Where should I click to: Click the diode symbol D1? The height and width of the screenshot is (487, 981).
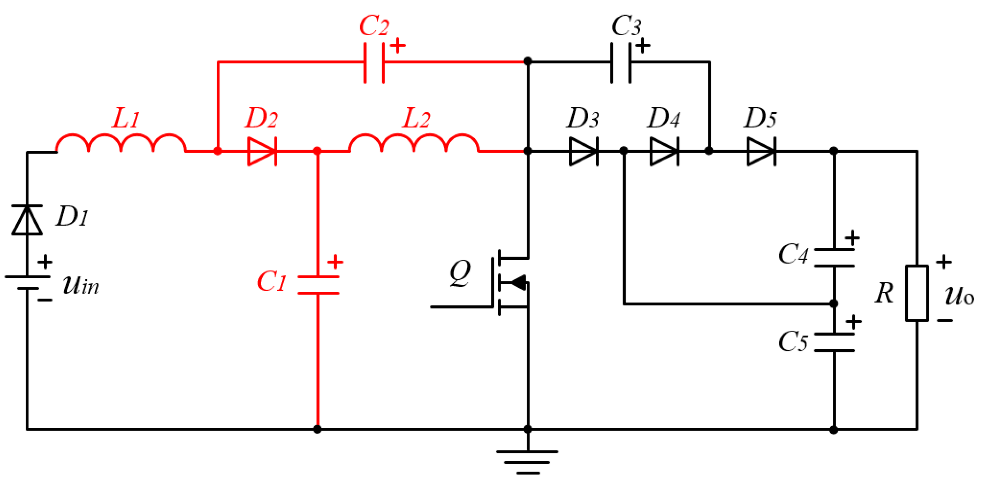coord(27,220)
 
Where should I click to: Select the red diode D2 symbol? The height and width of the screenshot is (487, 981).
coord(262,151)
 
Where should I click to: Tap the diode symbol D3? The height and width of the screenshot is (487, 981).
coord(584,151)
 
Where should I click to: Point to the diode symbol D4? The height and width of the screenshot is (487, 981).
coord(664,151)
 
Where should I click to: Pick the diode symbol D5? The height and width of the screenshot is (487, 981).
coord(761,151)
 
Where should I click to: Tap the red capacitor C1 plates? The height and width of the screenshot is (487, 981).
coord(318,285)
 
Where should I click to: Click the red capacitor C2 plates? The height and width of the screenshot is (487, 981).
coord(374,62)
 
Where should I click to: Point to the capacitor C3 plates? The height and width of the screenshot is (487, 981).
coord(621,62)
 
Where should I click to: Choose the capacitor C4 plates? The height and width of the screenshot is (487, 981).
coord(834,258)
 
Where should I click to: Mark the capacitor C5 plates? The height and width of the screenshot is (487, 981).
coord(834,342)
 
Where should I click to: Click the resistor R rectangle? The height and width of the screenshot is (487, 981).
coord(917,293)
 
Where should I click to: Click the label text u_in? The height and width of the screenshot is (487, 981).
coord(81,285)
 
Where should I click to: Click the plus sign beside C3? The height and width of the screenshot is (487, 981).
coord(643,46)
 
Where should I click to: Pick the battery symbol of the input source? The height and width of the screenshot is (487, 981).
coord(27,282)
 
